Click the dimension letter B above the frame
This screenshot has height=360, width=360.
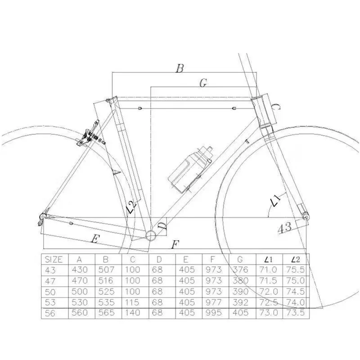click(x=180, y=68)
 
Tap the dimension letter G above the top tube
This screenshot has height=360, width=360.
click(x=203, y=82)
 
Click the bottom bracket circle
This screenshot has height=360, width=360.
click(x=151, y=234)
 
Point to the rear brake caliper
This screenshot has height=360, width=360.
click(x=89, y=135)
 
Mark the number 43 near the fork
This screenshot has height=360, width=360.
click(x=284, y=227)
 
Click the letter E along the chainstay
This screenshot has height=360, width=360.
click(x=94, y=239)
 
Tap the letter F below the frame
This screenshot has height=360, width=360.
click(x=175, y=245)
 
